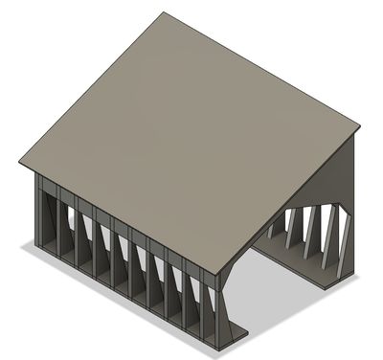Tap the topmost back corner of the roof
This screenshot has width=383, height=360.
click(163, 13)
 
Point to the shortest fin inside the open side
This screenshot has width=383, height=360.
click(277, 228)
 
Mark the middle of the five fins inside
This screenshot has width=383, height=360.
click(308, 235)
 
